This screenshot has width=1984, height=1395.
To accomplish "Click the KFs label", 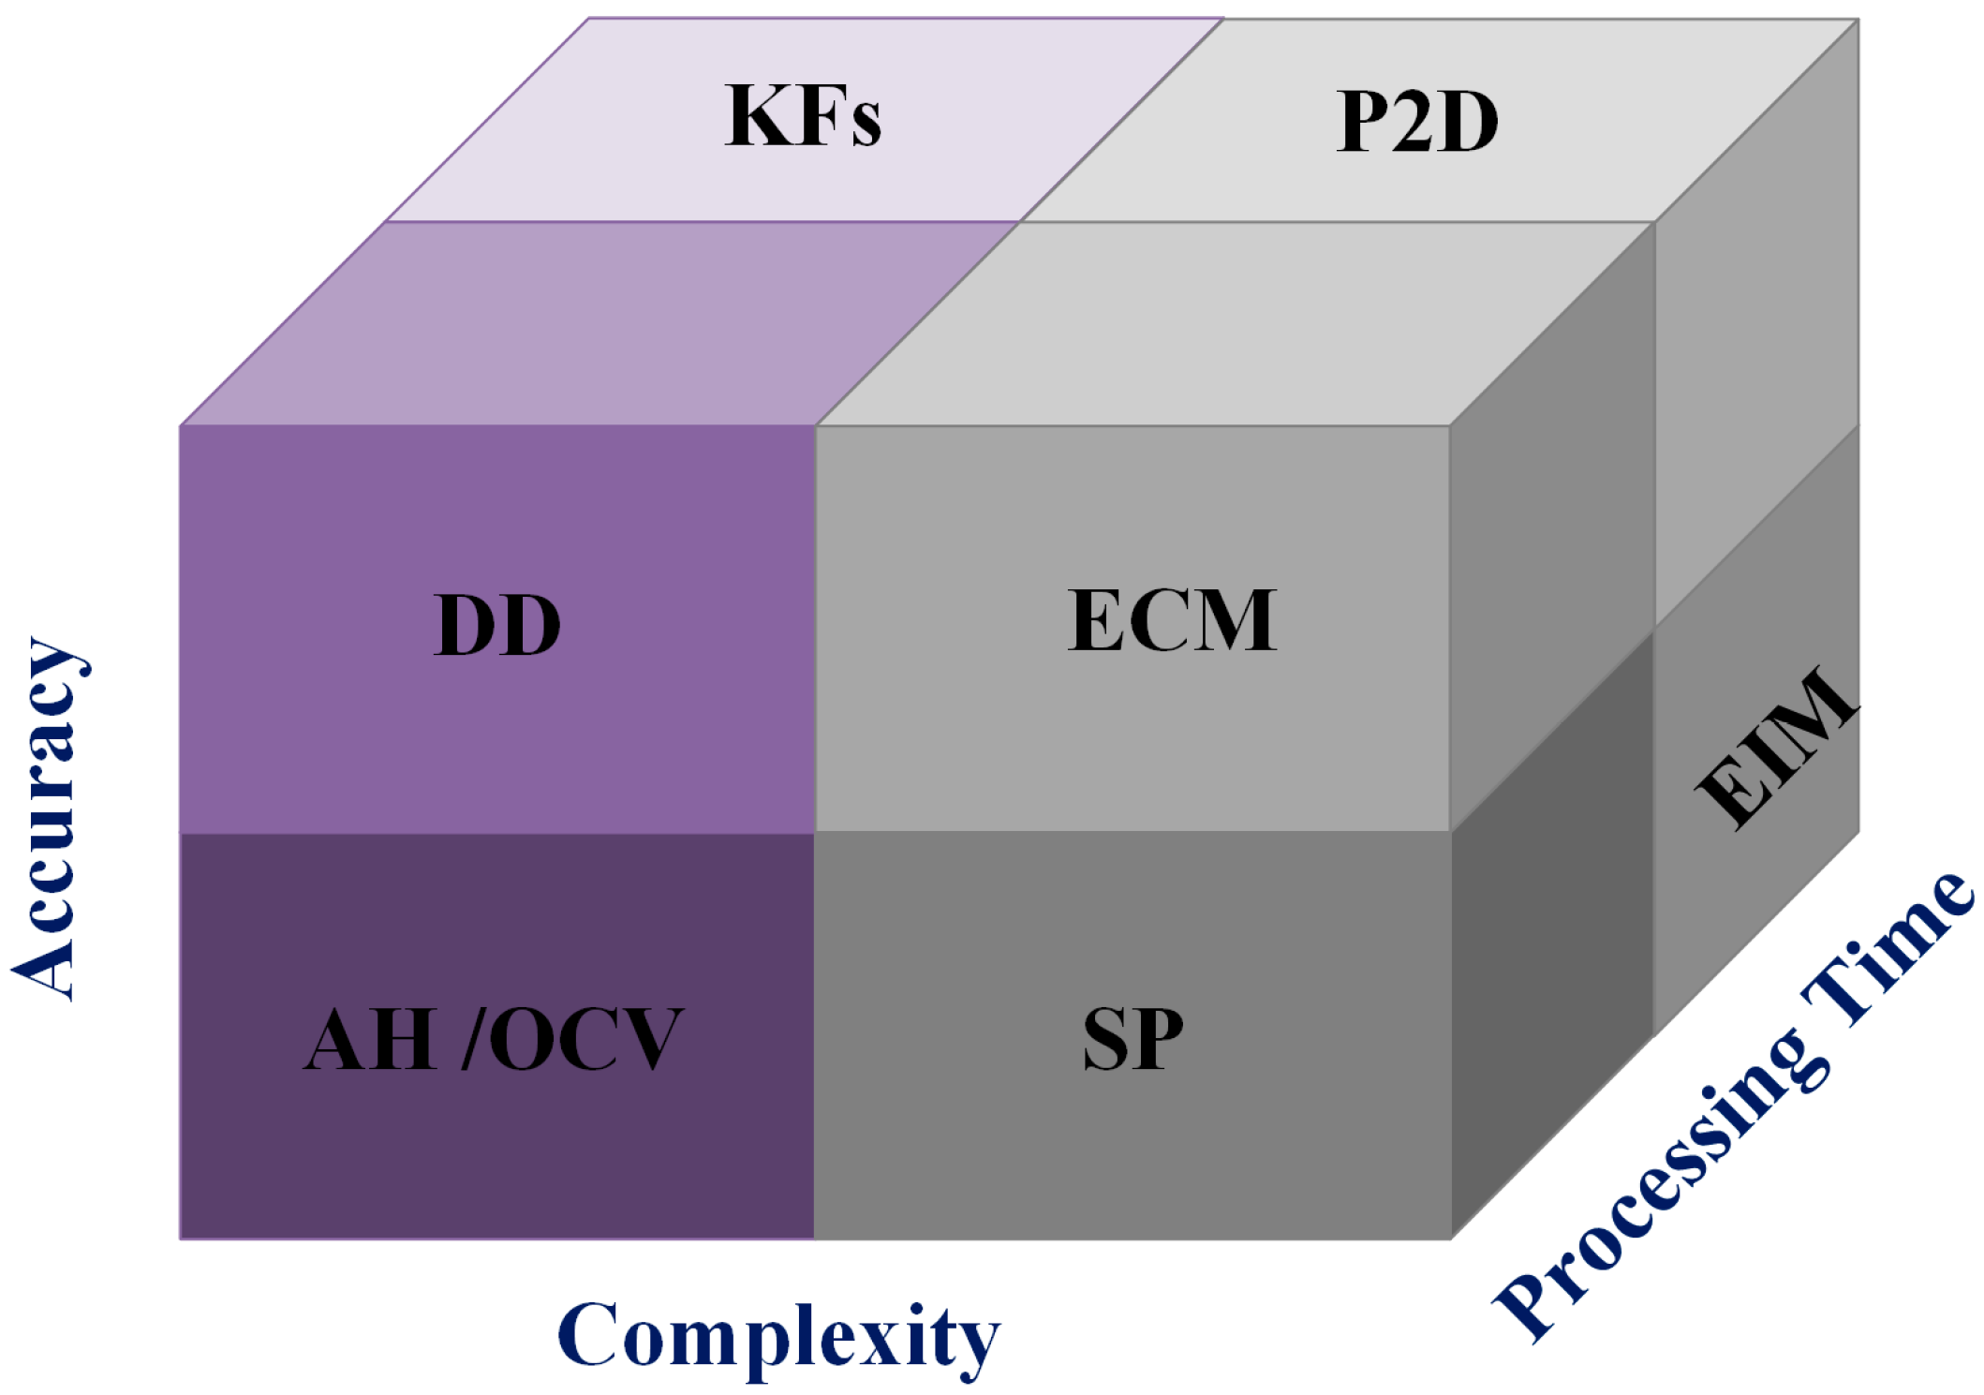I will point(803,116).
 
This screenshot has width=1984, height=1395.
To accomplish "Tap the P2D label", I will point(1416,122).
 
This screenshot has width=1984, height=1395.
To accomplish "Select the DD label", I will point(497,626).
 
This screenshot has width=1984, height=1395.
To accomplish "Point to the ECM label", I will point(1172,620).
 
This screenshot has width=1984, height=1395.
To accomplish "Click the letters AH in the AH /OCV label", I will point(370,1039).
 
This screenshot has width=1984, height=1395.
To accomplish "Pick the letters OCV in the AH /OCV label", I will point(586,1039).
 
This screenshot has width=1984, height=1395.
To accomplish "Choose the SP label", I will point(1133,1039).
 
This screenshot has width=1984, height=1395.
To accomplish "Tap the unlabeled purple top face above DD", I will point(600,323).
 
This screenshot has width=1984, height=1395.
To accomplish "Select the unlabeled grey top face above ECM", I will point(1236,323).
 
